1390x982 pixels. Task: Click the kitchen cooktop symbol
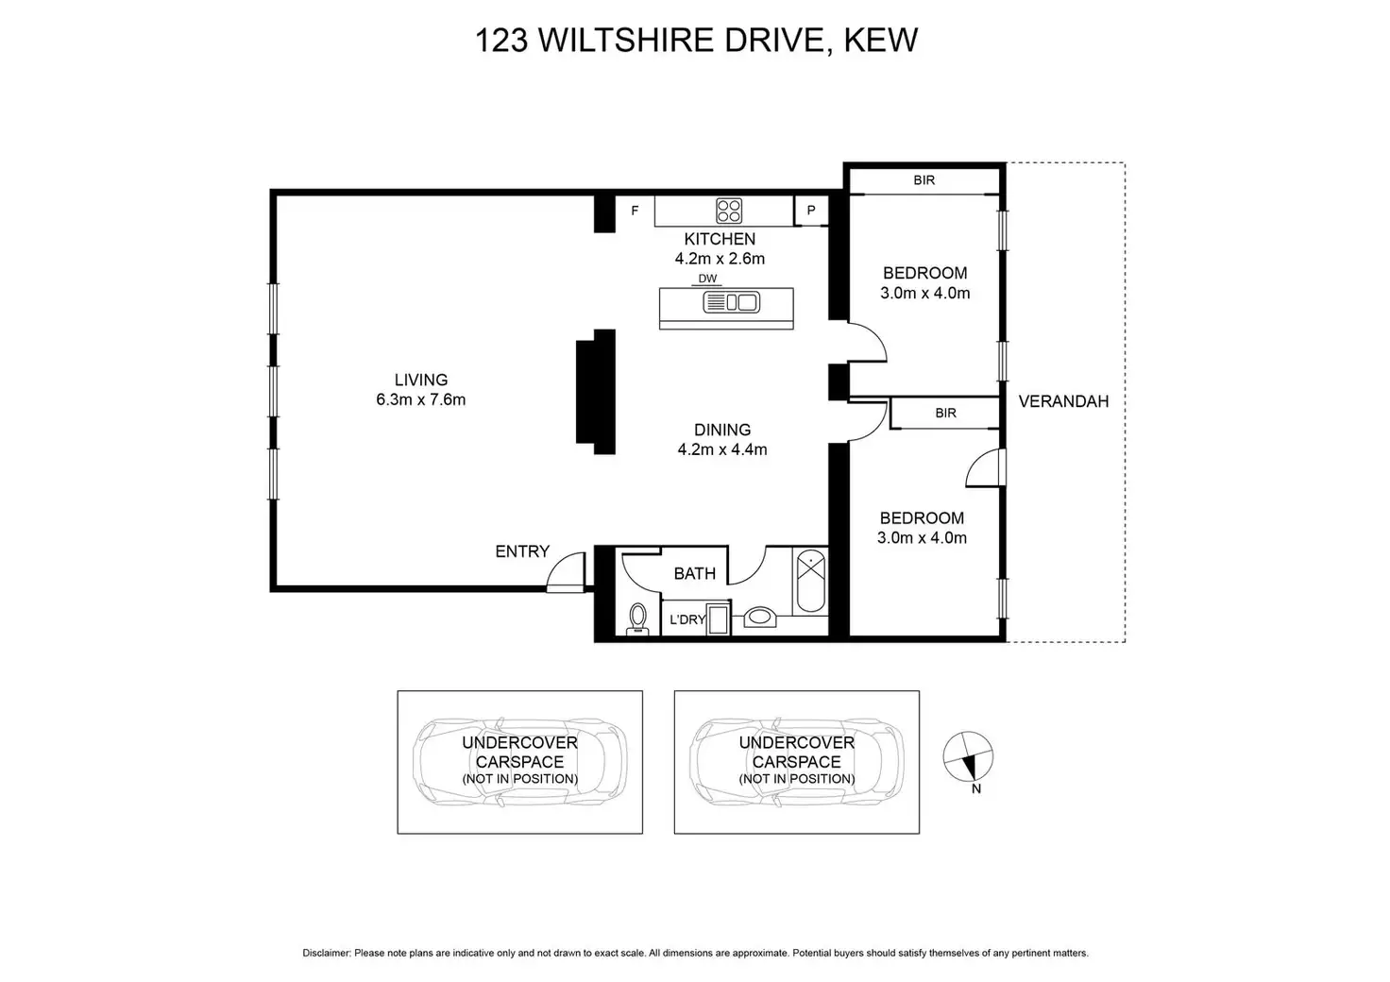(x=728, y=210)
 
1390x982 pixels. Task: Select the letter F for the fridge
(x=635, y=211)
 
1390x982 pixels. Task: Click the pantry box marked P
(x=810, y=211)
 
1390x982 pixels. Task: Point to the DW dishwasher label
(x=707, y=279)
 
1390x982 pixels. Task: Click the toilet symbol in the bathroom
(x=637, y=618)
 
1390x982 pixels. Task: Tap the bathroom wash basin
(x=759, y=618)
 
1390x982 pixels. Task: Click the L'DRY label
(x=687, y=619)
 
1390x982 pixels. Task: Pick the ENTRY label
(x=522, y=551)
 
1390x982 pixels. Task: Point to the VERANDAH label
(x=1063, y=401)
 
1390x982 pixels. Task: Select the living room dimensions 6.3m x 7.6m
(x=420, y=399)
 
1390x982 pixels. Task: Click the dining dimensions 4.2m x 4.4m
(x=722, y=449)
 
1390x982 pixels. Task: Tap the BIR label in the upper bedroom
(x=924, y=179)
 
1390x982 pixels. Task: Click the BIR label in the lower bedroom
(x=945, y=413)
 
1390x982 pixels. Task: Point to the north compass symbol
(x=969, y=756)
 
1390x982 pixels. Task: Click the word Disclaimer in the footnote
(x=326, y=953)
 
